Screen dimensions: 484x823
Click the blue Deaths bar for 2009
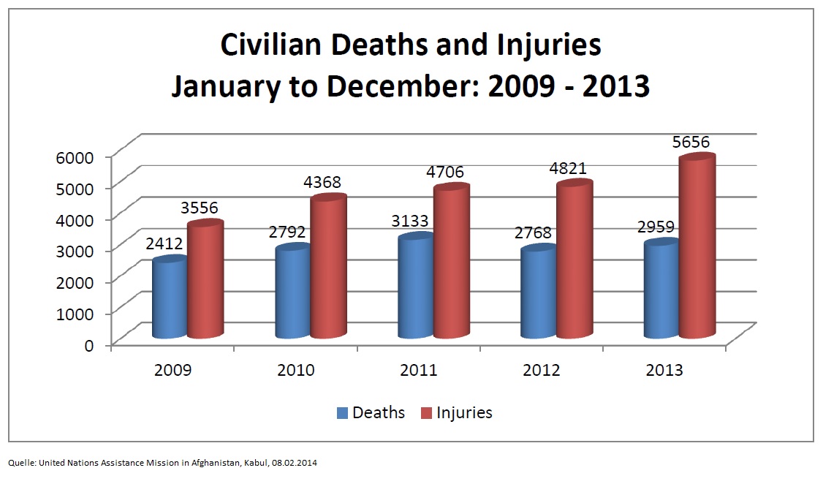tap(169, 298)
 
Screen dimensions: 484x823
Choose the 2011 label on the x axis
tap(419, 370)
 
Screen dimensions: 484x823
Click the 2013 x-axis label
tap(664, 370)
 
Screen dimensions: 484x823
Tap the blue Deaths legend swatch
tap(342, 413)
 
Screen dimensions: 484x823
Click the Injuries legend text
tap(464, 413)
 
